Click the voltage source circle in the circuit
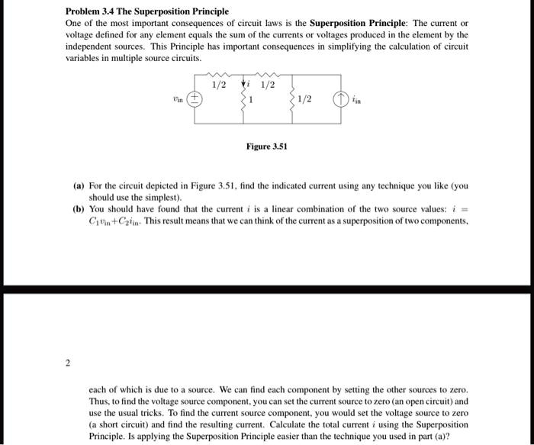click(x=195, y=98)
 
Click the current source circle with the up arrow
click(x=338, y=98)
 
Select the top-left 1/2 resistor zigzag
click(x=219, y=75)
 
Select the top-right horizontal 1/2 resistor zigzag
click(x=268, y=75)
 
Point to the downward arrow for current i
click(x=244, y=84)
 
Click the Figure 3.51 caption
click(x=266, y=146)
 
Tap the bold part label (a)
click(x=79, y=185)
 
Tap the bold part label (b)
click(x=79, y=208)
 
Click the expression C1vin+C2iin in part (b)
click(x=118, y=220)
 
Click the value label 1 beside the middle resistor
click(x=253, y=99)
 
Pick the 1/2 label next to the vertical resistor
click(x=304, y=99)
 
